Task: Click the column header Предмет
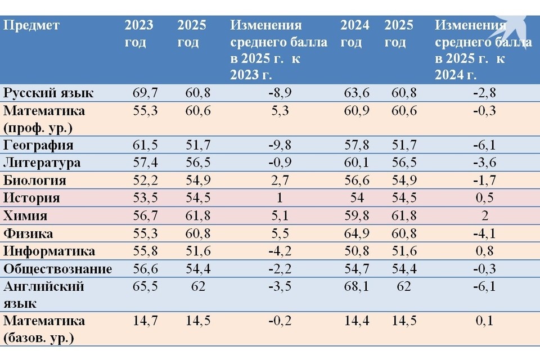[x=31, y=26]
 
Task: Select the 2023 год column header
[x=138, y=34]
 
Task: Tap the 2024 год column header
[x=354, y=34]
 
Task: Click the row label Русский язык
[x=48, y=93]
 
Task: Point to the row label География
[x=38, y=145]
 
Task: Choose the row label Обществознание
[x=57, y=269]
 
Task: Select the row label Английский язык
[x=43, y=295]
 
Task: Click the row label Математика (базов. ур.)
[x=44, y=330]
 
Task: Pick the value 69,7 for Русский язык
[x=145, y=93]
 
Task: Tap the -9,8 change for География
[x=280, y=145]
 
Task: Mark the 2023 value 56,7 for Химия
[x=145, y=216]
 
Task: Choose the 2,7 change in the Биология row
[x=280, y=181]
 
